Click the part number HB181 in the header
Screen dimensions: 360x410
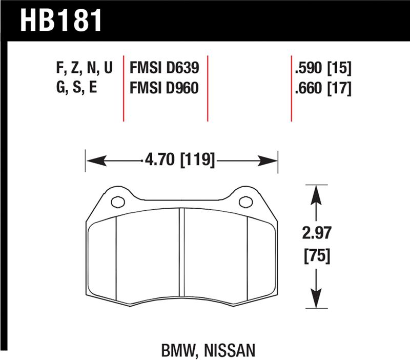coord(61,20)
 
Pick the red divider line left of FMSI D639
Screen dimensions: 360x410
coord(124,87)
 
